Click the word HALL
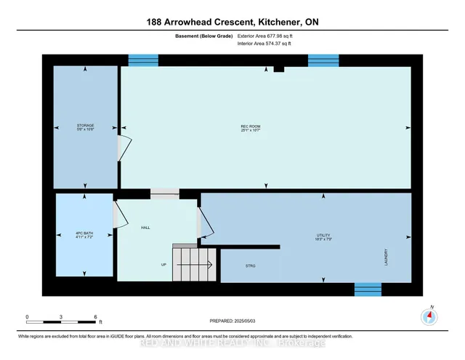(x=145, y=228)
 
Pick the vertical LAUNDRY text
(x=385, y=257)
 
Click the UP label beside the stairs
(x=164, y=265)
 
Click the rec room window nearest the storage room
(x=138, y=60)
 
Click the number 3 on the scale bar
(x=62, y=318)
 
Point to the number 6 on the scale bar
(x=96, y=318)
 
